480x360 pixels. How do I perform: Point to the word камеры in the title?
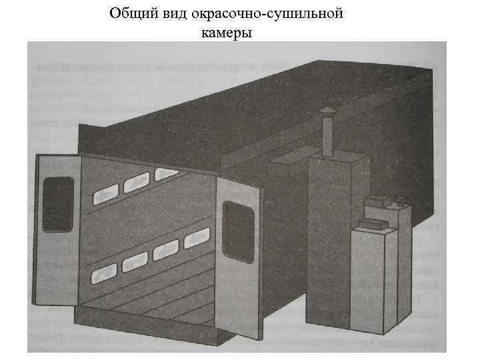pos(226,31)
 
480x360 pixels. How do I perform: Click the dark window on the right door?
pos(237,223)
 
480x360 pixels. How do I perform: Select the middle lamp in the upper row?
pos(136,181)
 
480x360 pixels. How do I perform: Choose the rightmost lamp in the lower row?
pos(197,239)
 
